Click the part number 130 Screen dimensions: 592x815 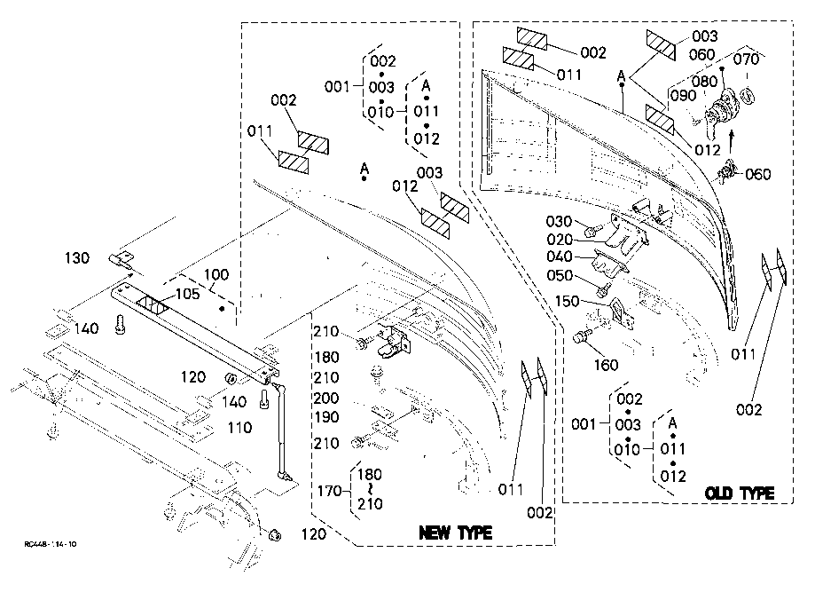(x=77, y=258)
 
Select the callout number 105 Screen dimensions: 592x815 (x=185, y=294)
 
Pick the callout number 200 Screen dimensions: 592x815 (x=325, y=399)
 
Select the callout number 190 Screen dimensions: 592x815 (x=325, y=417)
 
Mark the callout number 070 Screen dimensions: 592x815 (x=747, y=61)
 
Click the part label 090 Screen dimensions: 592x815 (x=683, y=95)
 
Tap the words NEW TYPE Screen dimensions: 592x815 (x=455, y=533)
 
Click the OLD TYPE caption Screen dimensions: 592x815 (x=740, y=493)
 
